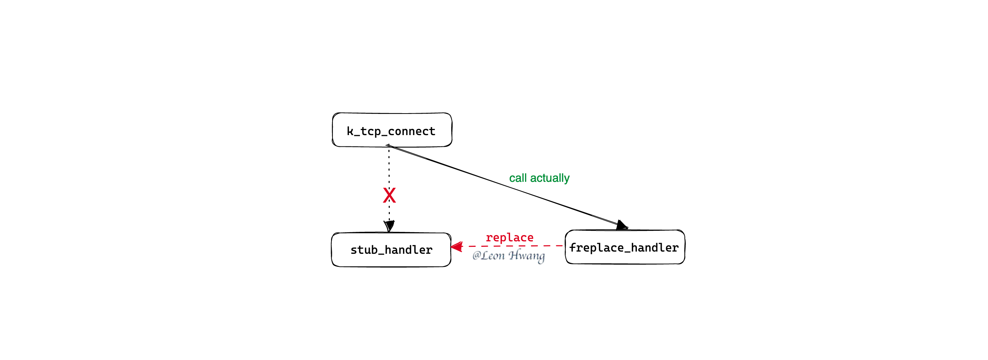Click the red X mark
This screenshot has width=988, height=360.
coord(389,195)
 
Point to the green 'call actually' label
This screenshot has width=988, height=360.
coord(539,178)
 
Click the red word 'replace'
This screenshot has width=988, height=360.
coord(510,238)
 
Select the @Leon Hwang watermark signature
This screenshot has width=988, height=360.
coord(509,256)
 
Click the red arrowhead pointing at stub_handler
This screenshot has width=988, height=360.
coord(456,246)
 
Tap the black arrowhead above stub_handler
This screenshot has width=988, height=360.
coord(389,226)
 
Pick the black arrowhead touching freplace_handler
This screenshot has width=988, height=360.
coord(622,225)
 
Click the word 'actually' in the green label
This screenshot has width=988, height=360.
coord(550,178)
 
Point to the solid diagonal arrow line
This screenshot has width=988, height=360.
coord(506,186)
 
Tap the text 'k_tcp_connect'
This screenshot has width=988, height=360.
coord(391,131)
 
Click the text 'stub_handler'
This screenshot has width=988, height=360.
coord(391,250)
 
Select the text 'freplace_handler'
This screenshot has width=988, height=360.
coord(624,248)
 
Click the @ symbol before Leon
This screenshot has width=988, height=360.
coord(476,255)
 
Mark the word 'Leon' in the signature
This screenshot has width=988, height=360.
coord(493,255)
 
